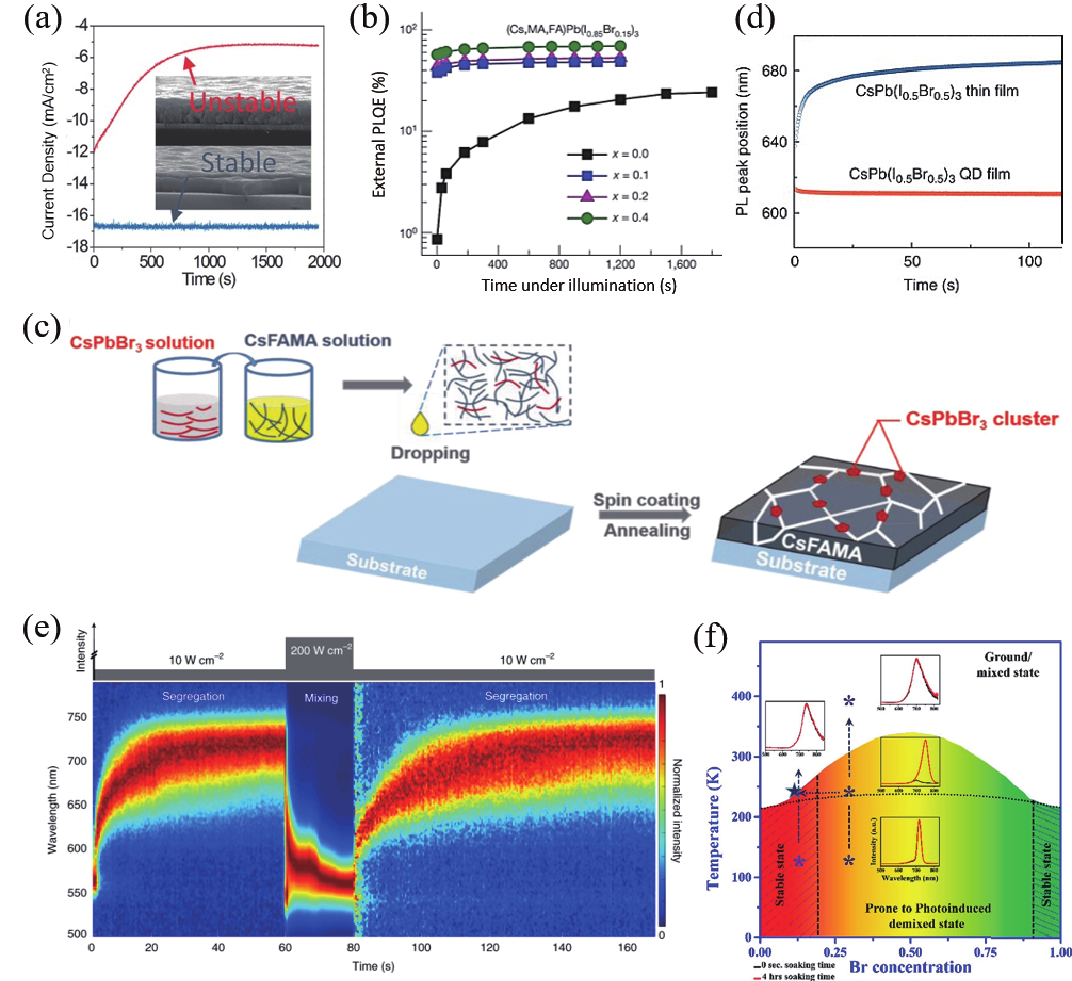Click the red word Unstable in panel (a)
point(242,102)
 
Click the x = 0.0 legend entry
point(608,154)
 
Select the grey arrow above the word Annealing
point(645,515)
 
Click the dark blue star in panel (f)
point(794,791)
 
